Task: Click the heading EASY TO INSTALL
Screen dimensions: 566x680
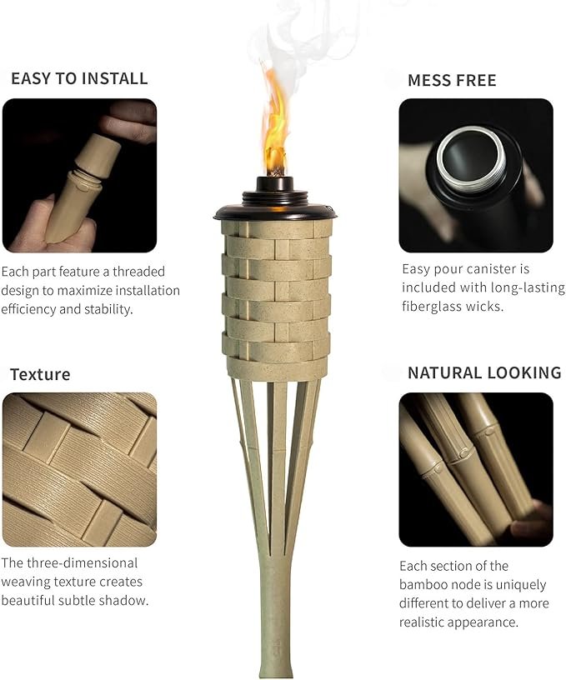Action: (x=79, y=78)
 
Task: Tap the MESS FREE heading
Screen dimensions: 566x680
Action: (x=452, y=81)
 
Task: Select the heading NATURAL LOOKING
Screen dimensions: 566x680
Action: (x=484, y=373)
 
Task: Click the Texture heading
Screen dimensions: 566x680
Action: (x=40, y=374)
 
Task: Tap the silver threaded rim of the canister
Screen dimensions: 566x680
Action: (x=472, y=159)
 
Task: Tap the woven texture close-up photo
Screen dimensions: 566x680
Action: (x=79, y=470)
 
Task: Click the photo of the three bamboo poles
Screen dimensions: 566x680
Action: (x=476, y=470)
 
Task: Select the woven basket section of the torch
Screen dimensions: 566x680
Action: (x=276, y=301)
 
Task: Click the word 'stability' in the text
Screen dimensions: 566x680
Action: (x=108, y=309)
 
